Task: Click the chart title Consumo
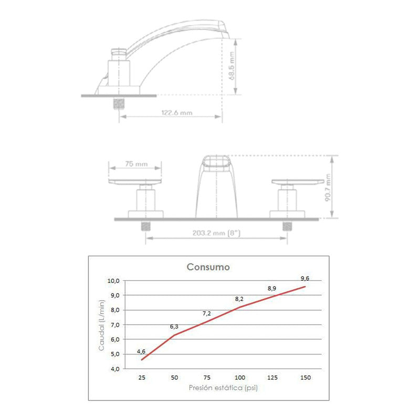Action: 208,267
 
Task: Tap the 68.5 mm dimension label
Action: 232,66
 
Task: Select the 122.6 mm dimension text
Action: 177,113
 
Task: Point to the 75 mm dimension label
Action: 136,164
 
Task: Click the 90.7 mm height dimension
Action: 328,187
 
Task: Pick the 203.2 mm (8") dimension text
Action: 216,233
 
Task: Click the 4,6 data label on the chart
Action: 141,351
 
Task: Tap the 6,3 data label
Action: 174,327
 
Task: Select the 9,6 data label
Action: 305,278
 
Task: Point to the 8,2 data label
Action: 239,299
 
